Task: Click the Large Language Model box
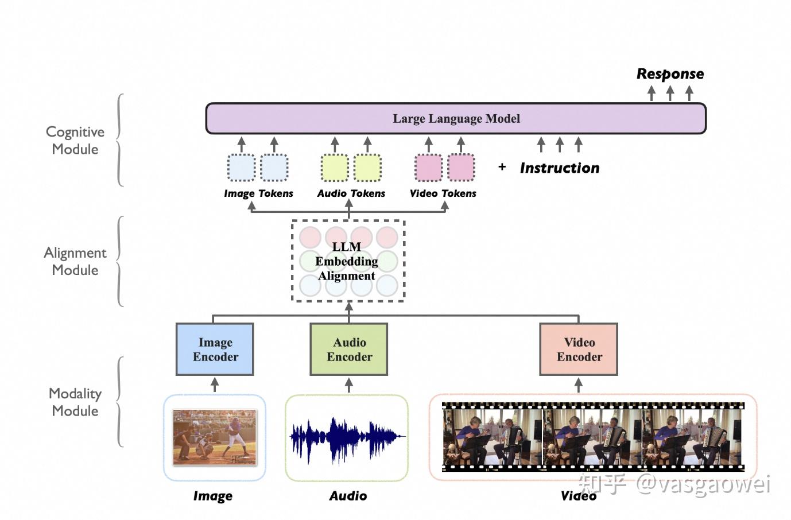[x=456, y=118]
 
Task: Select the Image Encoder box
[x=215, y=349]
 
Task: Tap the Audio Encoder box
[x=349, y=349]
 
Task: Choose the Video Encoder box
[x=579, y=349]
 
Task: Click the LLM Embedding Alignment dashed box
[x=348, y=261]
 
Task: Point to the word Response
[x=670, y=74]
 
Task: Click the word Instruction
[x=560, y=168]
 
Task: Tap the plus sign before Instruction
[x=502, y=166]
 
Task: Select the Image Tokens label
[x=258, y=193]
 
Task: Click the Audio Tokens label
[x=351, y=193]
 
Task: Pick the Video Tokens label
[x=443, y=193]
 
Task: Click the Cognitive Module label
[x=75, y=140]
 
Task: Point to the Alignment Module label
[x=75, y=261]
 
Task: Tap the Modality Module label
[x=75, y=402]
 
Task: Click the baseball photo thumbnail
[x=215, y=437]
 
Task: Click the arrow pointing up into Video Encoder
[x=579, y=385]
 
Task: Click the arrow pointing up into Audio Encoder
[x=349, y=385]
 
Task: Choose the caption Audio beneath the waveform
[x=348, y=496]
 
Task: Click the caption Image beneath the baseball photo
[x=213, y=496]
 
